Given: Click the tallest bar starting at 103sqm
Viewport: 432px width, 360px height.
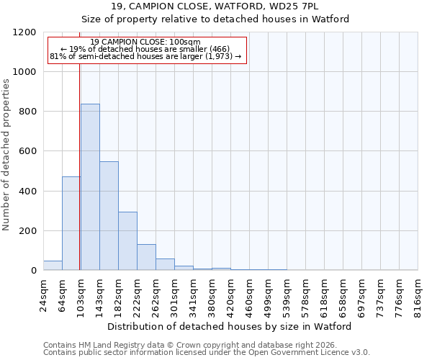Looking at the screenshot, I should [x=90, y=187].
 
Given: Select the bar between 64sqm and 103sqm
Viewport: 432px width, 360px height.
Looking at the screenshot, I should [x=71, y=223].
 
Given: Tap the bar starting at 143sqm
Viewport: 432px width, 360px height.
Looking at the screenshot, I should [x=109, y=216].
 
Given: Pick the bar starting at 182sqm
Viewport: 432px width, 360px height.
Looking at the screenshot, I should [x=127, y=241].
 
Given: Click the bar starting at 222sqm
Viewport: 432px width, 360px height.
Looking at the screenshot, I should [x=146, y=257].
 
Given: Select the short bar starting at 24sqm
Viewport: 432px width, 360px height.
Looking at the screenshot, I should [x=53, y=266].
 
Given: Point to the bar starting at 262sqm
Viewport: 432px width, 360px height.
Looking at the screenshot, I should [x=165, y=264].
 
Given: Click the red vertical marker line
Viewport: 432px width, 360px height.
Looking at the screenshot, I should [x=80, y=158].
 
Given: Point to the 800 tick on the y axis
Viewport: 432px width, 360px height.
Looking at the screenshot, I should [x=29, y=112].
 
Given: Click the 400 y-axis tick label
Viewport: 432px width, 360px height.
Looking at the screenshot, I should [x=29, y=192].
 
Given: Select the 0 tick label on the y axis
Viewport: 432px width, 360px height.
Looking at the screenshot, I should [x=34, y=271].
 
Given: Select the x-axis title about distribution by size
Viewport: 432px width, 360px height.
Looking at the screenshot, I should [x=230, y=326].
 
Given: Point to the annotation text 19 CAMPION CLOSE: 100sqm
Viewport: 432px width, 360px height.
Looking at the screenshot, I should [x=147, y=42].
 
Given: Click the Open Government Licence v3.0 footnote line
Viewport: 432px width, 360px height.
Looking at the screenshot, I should [x=207, y=353].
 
